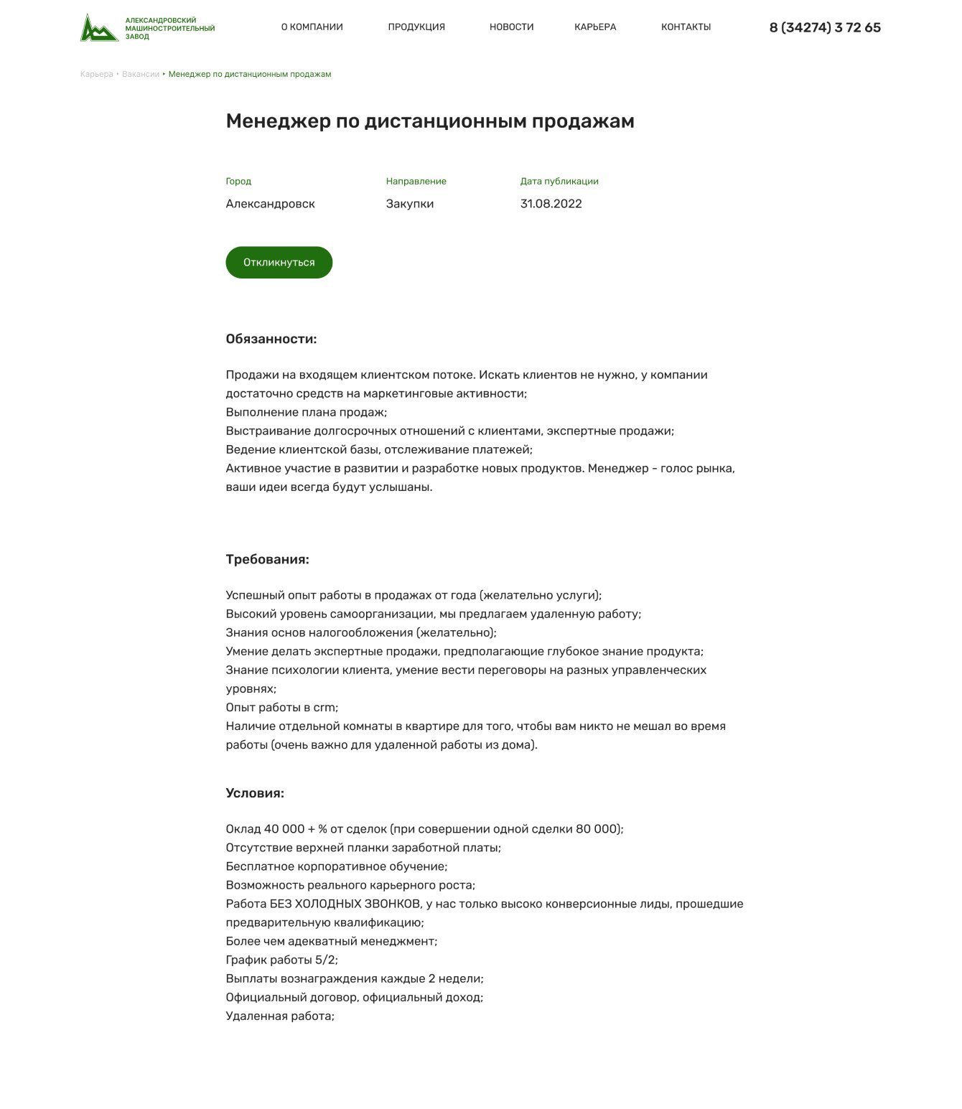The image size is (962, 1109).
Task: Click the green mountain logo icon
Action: pyautogui.click(x=99, y=28)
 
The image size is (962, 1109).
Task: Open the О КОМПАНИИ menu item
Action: pyautogui.click(x=312, y=27)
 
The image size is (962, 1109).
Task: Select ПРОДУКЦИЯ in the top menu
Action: pyautogui.click(x=416, y=27)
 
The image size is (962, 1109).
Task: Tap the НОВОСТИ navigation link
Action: pyautogui.click(x=511, y=27)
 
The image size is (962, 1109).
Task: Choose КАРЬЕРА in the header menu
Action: pyautogui.click(x=595, y=27)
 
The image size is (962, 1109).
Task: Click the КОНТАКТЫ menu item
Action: pyautogui.click(x=686, y=27)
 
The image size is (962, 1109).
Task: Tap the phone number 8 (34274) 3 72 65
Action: pyautogui.click(x=825, y=28)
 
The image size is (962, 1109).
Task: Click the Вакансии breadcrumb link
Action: pyautogui.click(x=141, y=75)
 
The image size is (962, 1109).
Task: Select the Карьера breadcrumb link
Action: pyautogui.click(x=96, y=75)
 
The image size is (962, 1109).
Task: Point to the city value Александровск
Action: pyautogui.click(x=270, y=204)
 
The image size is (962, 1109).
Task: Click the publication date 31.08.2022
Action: pyautogui.click(x=551, y=204)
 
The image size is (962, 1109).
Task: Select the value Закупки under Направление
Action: pyautogui.click(x=409, y=204)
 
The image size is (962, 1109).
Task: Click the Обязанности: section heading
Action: pyautogui.click(x=271, y=339)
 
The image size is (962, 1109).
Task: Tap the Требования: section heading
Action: pyautogui.click(x=267, y=559)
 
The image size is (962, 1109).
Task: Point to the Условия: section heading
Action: pyautogui.click(x=255, y=793)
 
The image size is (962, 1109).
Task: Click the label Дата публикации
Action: pyautogui.click(x=559, y=182)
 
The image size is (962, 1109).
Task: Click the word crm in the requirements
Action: pyautogui.click(x=324, y=708)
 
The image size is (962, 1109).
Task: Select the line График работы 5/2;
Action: pyautogui.click(x=281, y=960)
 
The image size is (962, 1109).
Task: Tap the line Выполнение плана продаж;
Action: pyautogui.click(x=306, y=413)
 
